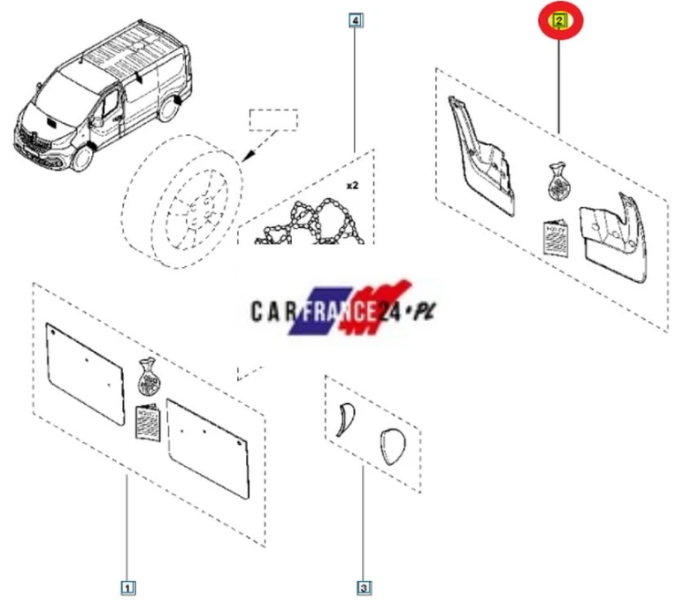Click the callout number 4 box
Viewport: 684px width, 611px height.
pos(356,20)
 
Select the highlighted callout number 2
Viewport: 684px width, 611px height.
pos(559,20)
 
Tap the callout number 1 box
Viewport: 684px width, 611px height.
pos(128,588)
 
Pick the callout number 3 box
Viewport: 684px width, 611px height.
pos(364,588)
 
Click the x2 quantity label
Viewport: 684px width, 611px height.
pos(352,185)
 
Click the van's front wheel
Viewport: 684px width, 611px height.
pos(82,159)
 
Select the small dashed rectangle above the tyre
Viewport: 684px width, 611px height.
pos(274,120)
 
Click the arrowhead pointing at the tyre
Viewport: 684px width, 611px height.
pos(248,156)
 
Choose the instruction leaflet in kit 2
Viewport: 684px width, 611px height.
pos(556,238)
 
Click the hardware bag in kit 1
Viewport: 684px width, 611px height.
pos(149,377)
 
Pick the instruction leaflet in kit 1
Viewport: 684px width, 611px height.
pos(148,422)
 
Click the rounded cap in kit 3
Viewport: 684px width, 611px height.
pos(393,447)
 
